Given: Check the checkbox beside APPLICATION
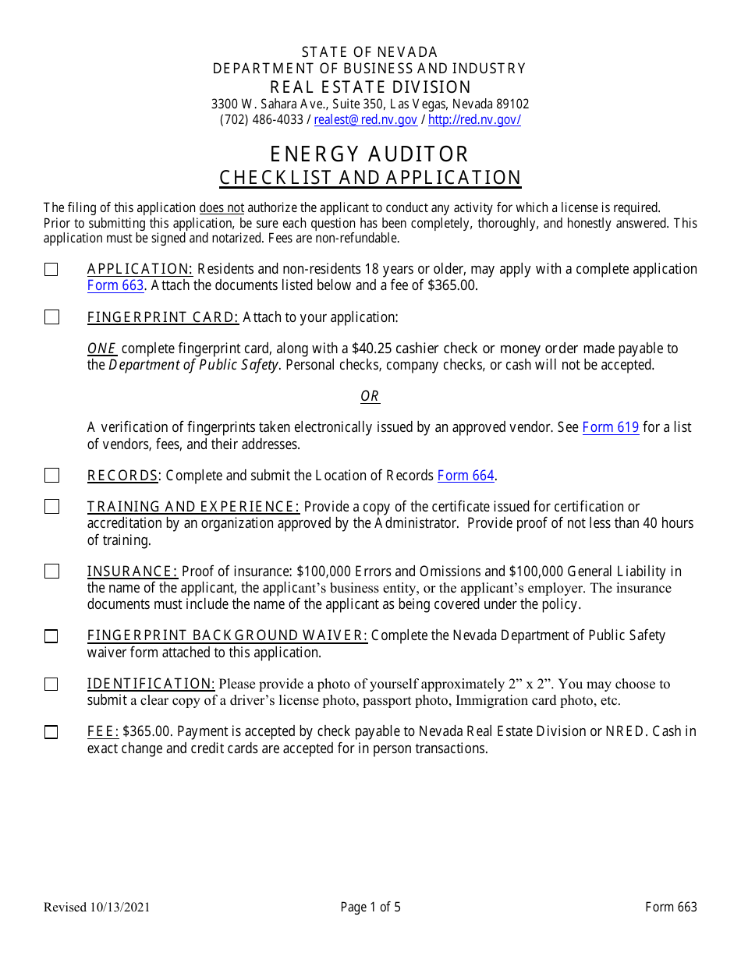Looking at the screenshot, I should point(51,270).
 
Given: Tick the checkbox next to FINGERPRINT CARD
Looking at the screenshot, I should point(51,317).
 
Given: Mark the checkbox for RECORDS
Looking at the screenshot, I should point(51,476).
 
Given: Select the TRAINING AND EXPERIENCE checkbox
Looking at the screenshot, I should point(51,507).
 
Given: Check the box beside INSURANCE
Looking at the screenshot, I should point(51,572).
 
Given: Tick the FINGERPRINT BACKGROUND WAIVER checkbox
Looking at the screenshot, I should point(51,636).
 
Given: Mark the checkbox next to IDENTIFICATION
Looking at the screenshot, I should point(51,685).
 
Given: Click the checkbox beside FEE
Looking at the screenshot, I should point(51,732).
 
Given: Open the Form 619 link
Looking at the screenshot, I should point(611,427).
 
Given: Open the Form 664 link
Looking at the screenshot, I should point(466,476).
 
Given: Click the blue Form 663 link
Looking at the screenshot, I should point(115,285).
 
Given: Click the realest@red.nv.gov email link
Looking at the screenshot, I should point(365,120).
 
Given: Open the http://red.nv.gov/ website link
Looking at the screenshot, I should point(474,120).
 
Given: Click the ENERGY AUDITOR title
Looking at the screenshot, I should point(370,154).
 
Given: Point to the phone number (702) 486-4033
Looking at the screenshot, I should point(261,120).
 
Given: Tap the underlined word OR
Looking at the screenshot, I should point(370,397).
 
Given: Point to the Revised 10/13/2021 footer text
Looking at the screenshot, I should point(97,907).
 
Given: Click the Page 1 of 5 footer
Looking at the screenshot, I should point(370,907).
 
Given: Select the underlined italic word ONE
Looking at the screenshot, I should point(101,349).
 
